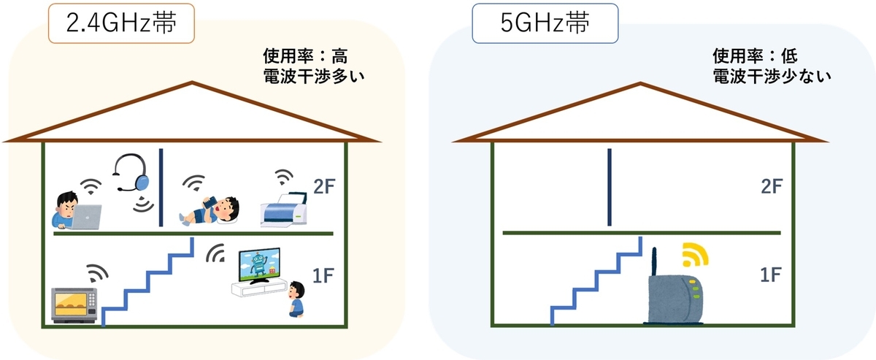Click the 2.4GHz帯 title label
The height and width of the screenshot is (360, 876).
(121, 23)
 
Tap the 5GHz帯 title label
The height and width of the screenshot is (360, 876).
(545, 23)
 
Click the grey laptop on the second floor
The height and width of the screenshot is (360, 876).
(85, 217)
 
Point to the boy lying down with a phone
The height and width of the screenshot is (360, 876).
(210, 211)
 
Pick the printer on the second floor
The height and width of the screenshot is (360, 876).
(284, 210)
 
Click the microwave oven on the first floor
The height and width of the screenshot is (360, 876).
(74, 305)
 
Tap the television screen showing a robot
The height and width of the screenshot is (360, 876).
(260, 264)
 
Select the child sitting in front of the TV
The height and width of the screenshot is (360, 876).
(296, 299)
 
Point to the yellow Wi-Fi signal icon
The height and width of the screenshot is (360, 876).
(695, 254)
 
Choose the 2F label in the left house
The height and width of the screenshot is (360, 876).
(324, 187)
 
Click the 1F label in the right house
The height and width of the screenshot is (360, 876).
(771, 275)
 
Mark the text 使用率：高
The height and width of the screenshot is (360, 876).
(305, 56)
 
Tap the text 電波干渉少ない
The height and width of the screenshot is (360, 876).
(772, 76)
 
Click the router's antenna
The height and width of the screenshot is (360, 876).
(654, 262)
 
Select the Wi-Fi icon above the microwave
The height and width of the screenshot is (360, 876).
(97, 273)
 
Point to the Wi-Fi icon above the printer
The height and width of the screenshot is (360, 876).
(283, 177)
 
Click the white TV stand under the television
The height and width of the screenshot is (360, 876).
(259, 288)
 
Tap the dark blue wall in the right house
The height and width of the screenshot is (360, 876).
(610, 187)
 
